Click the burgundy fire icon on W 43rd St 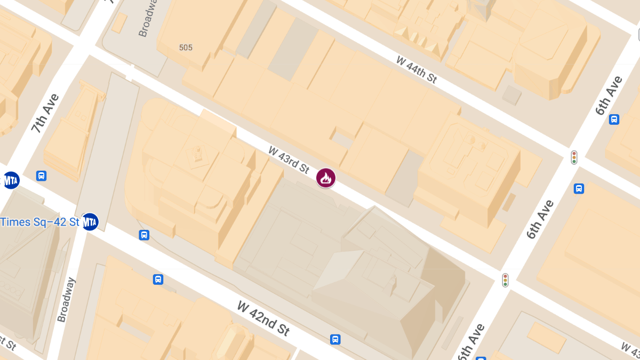pyautogui.click(x=326, y=178)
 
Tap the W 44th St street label pyautogui.click(x=417, y=69)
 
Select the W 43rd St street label pyautogui.click(x=289, y=160)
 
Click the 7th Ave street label pyautogui.click(x=45, y=113)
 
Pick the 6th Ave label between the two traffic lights pyautogui.click(x=540, y=219)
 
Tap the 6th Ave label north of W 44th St pyautogui.click(x=609, y=95)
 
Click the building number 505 pyautogui.click(x=186, y=47)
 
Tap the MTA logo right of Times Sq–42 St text pyautogui.click(x=90, y=221)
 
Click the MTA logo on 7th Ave pyautogui.click(x=11, y=180)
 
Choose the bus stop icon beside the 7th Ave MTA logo pyautogui.click(x=41, y=175)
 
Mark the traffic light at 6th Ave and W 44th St pyautogui.click(x=574, y=157)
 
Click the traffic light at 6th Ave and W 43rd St pyautogui.click(x=505, y=280)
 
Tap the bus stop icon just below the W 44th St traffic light pyautogui.click(x=579, y=188)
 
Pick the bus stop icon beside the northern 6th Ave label pyautogui.click(x=614, y=119)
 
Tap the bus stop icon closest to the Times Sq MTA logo pyautogui.click(x=144, y=235)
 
